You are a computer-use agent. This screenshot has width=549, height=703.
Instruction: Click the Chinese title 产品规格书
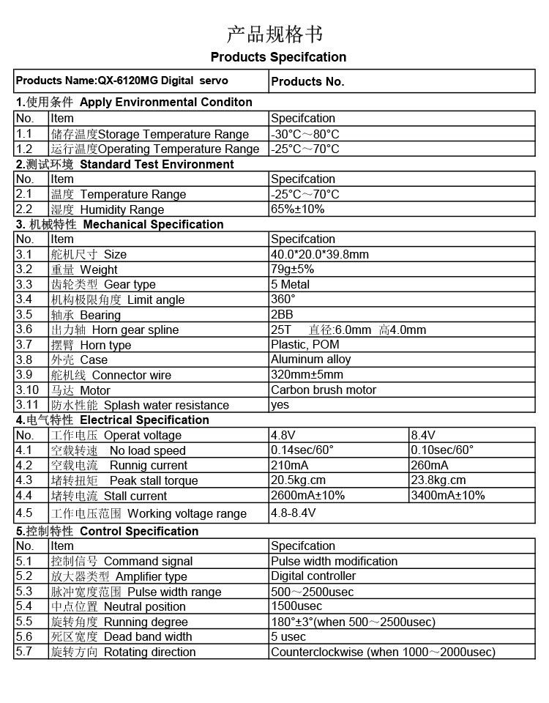tap(274, 34)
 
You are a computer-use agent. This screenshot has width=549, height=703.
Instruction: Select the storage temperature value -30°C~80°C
tap(305, 134)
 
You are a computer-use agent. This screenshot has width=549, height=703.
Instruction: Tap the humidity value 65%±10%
tap(298, 209)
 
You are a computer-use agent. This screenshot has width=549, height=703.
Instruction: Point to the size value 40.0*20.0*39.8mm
tap(320, 254)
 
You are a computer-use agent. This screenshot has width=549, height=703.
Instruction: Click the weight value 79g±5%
tap(293, 269)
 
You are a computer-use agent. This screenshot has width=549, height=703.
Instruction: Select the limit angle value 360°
tap(283, 300)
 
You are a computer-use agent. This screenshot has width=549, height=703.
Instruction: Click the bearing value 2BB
tap(283, 315)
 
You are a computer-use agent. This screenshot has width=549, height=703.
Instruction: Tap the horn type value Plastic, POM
tap(305, 345)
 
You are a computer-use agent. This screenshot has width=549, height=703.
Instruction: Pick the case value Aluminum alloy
tap(311, 360)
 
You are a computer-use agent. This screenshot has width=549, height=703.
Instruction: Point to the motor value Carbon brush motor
tap(324, 390)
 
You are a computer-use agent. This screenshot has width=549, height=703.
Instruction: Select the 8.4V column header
tap(424, 435)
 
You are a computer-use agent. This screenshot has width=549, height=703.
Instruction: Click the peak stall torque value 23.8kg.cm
tap(438, 480)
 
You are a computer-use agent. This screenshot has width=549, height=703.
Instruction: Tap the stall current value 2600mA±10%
tap(308, 496)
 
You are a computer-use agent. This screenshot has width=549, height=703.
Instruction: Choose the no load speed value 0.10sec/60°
tap(443, 450)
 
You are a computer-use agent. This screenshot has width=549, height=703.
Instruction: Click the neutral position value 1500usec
tap(296, 606)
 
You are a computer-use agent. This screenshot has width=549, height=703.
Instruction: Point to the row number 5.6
tap(24, 636)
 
